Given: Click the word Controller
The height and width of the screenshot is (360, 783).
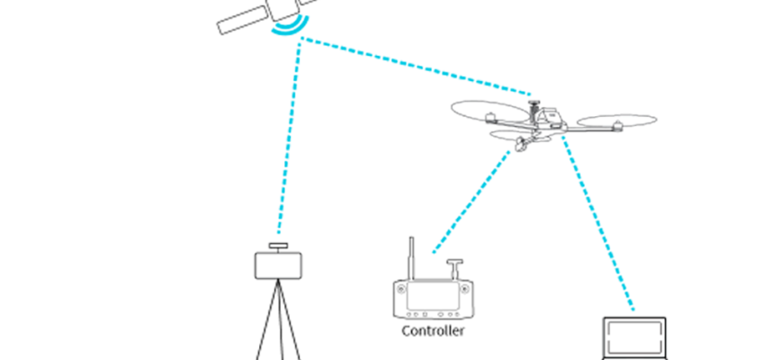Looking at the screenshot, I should click(432, 331).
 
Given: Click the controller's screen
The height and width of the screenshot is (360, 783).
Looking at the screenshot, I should click(433, 296).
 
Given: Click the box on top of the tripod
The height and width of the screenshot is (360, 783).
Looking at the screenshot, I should click(278, 265).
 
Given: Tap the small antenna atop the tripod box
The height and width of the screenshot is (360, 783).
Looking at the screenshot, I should click(278, 246).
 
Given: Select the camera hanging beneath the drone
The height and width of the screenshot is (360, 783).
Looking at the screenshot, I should click(519, 143).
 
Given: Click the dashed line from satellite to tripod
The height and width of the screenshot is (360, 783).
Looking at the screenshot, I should click(291, 135).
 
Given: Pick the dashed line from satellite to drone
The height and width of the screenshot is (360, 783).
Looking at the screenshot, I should click(414, 66).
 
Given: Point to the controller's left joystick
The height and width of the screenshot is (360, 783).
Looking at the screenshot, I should click(402, 292).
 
